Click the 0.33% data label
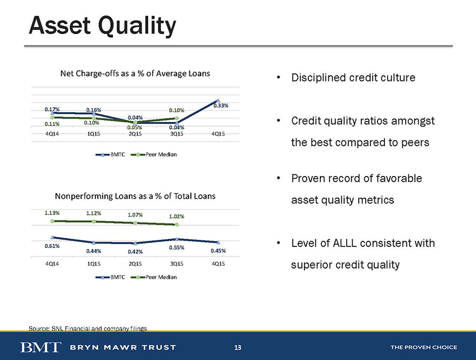221,106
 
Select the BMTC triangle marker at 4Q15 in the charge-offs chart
218,101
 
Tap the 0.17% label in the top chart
52,109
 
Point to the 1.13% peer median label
52,213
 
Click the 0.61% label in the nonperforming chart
52,246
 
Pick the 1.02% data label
176,217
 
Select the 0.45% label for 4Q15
218,251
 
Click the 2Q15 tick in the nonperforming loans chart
135,264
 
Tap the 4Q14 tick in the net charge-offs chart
52,134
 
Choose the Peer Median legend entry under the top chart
154,154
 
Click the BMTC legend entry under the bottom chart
110,277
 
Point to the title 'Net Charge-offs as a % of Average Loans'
135,74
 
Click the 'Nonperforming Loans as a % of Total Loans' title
135,196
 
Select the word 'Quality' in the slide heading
137,26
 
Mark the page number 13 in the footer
237,347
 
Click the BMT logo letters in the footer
41,347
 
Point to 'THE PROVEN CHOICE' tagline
424,347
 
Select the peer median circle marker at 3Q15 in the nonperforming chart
177,225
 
